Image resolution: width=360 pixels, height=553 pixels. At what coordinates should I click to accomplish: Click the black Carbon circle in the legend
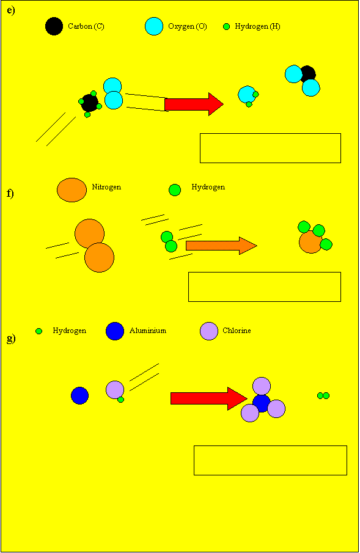(54, 26)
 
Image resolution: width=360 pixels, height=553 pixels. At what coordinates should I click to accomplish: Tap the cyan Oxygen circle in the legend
(154, 26)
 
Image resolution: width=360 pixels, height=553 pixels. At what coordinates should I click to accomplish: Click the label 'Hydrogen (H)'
(258, 26)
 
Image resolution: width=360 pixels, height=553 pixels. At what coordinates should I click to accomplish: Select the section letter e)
(11, 10)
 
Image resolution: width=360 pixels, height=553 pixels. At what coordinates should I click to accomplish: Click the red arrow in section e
(194, 104)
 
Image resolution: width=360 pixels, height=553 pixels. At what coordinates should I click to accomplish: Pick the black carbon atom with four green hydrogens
(90, 103)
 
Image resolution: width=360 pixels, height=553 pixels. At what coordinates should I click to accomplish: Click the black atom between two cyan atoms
(308, 74)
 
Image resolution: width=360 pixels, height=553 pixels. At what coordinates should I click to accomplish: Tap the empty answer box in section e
(270, 148)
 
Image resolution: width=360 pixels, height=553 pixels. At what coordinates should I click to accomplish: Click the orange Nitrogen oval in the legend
(72, 190)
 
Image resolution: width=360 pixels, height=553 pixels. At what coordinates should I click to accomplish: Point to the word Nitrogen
(106, 187)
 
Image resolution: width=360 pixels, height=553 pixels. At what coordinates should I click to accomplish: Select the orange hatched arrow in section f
(221, 246)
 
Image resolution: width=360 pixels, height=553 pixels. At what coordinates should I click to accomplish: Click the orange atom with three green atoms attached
(310, 242)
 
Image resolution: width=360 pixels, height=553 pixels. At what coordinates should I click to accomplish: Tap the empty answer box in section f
(265, 287)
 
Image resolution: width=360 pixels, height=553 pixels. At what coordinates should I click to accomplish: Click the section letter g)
(11, 340)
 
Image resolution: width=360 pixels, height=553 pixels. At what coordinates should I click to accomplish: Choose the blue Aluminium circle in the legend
(115, 331)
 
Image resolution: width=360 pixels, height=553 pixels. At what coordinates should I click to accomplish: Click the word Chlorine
(237, 331)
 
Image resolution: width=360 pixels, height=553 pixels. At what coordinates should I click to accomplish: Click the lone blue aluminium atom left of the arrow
(80, 395)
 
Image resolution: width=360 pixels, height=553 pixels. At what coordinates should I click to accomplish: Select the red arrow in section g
(209, 398)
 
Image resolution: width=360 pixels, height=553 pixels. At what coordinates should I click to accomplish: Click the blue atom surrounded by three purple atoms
(262, 403)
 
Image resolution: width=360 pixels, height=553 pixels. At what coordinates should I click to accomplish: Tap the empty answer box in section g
(270, 460)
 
